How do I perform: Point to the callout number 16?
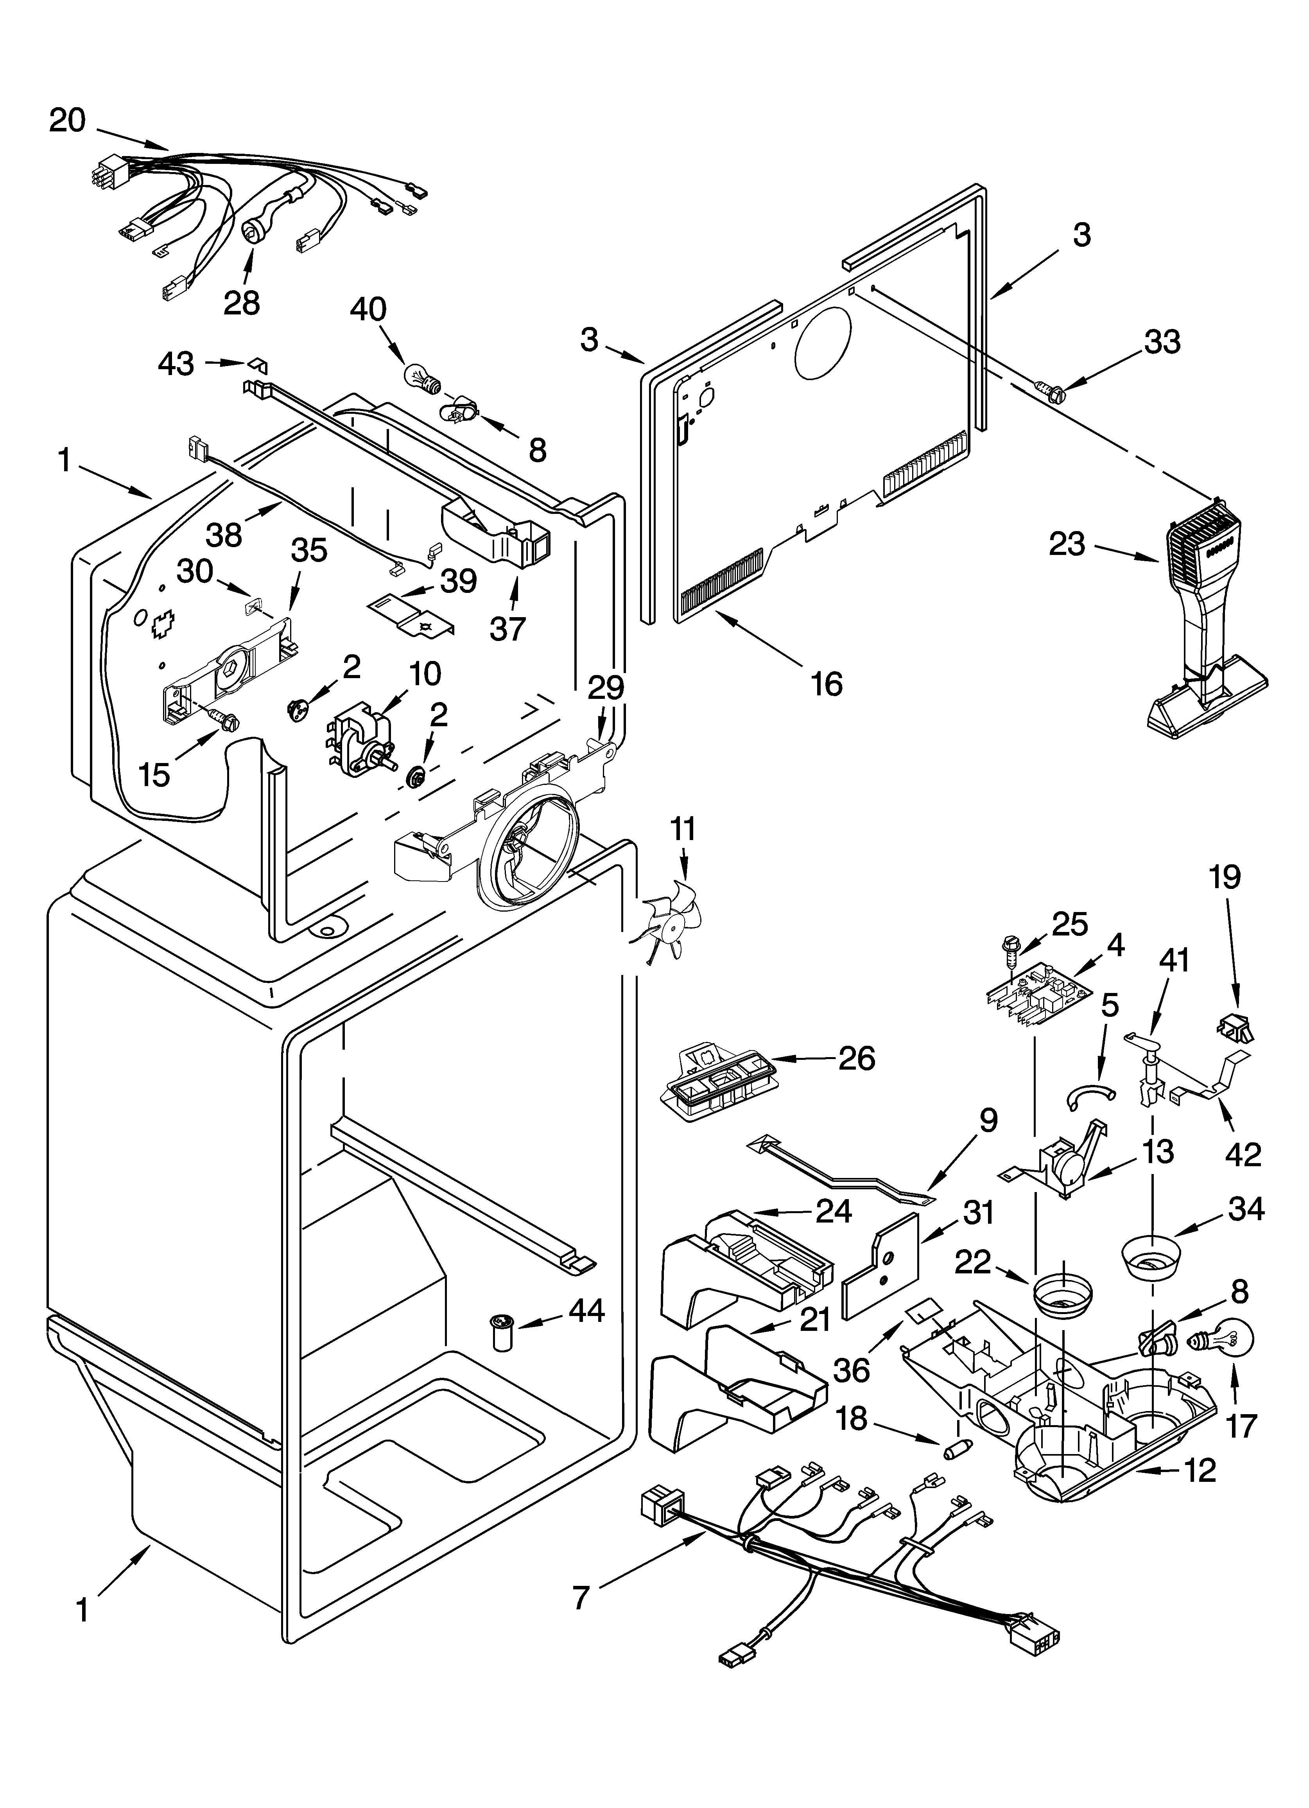click(x=827, y=683)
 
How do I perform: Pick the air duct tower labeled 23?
click(x=1204, y=622)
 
